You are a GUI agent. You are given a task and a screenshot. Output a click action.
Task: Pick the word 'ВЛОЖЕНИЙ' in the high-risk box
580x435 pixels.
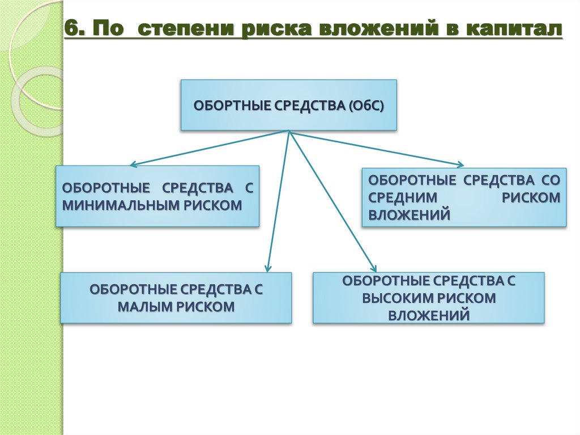(x=429, y=314)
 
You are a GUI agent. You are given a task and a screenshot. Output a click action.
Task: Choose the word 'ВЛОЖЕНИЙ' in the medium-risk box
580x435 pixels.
(x=410, y=214)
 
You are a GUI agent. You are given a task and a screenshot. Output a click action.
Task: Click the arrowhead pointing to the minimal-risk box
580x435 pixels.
(x=133, y=165)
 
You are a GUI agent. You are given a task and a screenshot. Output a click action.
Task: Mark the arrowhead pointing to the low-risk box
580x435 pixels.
(x=268, y=267)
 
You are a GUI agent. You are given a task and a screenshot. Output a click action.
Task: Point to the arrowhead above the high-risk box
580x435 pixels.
(x=373, y=267)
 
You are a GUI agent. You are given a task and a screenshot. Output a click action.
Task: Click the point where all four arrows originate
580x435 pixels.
(x=289, y=132)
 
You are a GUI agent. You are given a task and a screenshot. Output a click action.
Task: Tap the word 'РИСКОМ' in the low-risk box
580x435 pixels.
(x=207, y=307)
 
